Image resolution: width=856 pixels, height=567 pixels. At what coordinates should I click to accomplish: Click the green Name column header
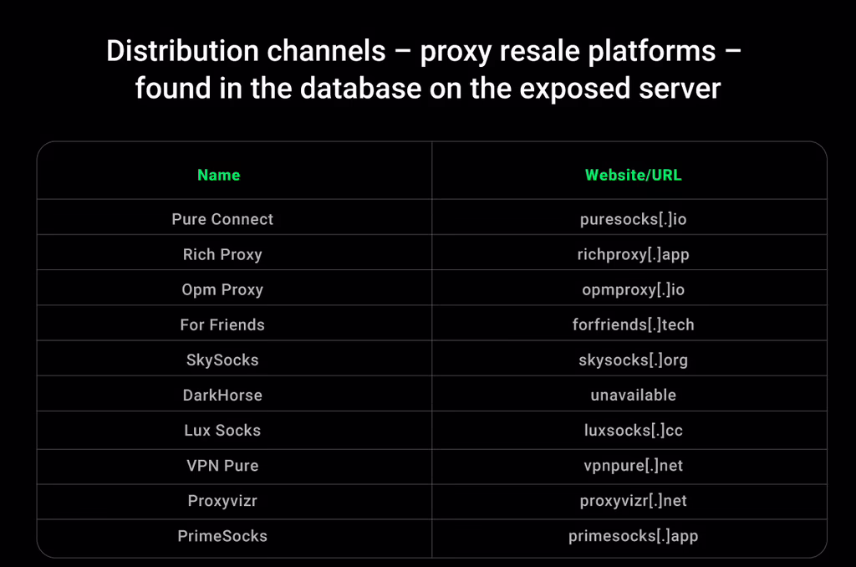[218, 175]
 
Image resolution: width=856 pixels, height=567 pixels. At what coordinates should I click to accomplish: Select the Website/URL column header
[634, 175]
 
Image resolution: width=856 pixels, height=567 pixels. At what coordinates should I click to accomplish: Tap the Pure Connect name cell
[222, 219]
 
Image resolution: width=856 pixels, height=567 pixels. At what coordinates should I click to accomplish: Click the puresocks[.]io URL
[634, 219]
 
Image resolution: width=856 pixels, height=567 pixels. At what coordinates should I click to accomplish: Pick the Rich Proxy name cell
[222, 254]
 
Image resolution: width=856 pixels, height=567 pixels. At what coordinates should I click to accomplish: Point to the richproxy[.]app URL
[634, 254]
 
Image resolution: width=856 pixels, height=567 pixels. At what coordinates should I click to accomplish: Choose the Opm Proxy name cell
[222, 289]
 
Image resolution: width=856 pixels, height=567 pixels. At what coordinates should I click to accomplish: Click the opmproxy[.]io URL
[634, 289]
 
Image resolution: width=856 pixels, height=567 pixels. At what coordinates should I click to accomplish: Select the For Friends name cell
[222, 324]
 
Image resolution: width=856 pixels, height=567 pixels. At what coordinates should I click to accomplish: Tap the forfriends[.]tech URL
[634, 324]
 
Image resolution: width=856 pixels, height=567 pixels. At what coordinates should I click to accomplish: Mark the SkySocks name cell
[222, 360]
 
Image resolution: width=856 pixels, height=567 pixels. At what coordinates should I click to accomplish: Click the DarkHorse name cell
[222, 395]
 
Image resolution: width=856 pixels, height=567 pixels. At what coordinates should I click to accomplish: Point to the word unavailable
[634, 395]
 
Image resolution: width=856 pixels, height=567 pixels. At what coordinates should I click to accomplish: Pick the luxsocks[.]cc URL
[634, 431]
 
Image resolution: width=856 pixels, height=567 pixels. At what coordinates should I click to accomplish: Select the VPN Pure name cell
[222, 466]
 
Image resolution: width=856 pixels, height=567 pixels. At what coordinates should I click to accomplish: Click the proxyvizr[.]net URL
[634, 501]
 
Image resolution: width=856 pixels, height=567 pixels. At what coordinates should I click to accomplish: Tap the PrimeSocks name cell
[222, 536]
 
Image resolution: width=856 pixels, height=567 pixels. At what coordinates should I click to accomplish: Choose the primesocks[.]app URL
[634, 536]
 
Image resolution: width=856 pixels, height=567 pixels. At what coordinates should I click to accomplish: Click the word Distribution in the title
[182, 51]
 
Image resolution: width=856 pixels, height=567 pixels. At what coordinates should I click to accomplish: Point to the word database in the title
[361, 89]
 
